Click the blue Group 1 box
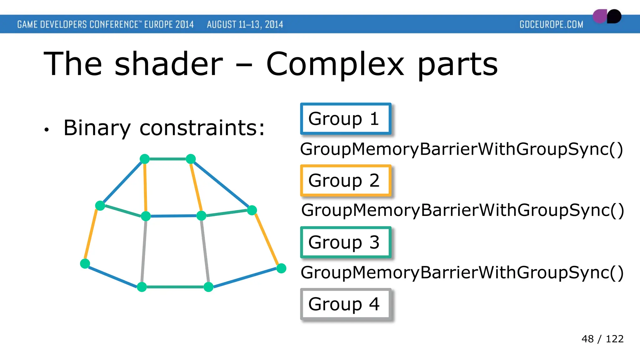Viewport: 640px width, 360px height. (345, 119)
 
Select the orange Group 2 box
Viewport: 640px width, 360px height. (345, 181)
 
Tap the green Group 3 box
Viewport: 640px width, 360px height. (345, 242)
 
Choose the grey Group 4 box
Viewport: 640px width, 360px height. (345, 304)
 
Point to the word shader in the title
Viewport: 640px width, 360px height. (169, 64)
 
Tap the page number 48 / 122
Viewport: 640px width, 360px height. (602, 339)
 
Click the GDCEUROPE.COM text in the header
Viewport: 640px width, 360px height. (551, 24)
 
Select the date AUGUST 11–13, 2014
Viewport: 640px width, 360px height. (245, 24)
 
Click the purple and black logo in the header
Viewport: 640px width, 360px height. (607, 17)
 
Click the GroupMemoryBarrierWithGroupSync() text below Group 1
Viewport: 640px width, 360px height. (461, 149)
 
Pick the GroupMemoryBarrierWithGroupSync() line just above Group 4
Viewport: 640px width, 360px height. (462, 272)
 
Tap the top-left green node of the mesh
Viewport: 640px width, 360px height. (145, 159)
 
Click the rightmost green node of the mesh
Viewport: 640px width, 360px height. (281, 268)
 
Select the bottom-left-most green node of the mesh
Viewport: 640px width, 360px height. (85, 263)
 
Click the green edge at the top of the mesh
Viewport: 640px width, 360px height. (168, 159)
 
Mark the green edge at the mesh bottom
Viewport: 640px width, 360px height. (175, 287)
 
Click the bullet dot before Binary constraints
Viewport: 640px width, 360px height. (47, 129)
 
